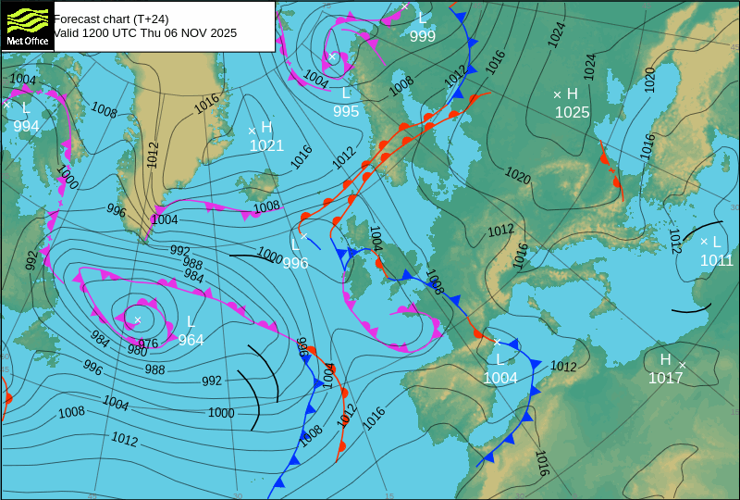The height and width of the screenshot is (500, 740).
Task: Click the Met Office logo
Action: point(27,25)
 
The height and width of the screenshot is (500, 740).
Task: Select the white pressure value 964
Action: point(191,340)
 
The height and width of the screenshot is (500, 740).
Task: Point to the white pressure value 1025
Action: point(572,112)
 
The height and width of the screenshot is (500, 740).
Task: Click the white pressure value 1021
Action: point(266,145)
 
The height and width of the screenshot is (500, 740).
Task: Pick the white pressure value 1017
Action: point(665,378)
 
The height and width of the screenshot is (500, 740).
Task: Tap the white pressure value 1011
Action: point(716,260)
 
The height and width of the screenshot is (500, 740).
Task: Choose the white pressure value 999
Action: point(423,36)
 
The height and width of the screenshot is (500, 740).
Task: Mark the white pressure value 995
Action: point(346,111)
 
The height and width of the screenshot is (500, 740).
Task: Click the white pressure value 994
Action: point(26,126)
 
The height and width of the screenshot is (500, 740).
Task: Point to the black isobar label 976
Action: point(148,344)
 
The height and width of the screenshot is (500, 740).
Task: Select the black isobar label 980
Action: point(137,351)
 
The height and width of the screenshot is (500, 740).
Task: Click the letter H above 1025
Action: point(572,94)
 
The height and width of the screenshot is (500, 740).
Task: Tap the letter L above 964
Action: point(191,322)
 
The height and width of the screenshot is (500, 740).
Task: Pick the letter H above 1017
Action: point(665,359)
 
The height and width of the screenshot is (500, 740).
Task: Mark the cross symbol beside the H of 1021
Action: point(252,131)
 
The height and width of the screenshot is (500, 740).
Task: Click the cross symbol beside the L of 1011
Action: point(703,242)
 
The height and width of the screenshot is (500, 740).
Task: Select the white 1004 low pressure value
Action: point(500,378)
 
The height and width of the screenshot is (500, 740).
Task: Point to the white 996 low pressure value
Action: point(295,263)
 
